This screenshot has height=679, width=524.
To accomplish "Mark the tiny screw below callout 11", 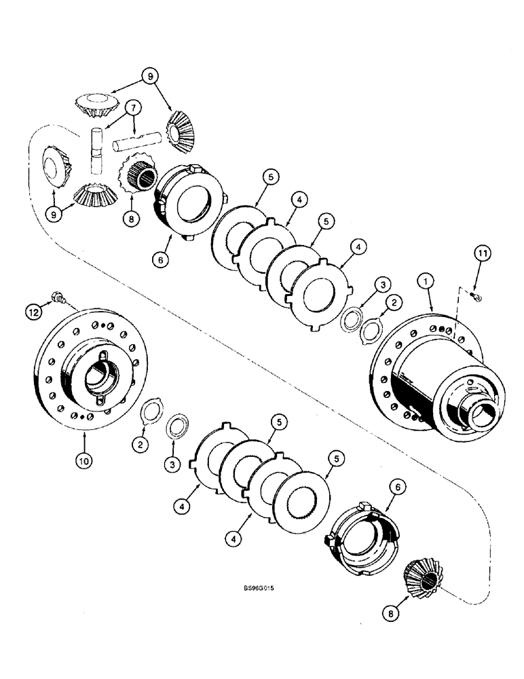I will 478,297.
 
